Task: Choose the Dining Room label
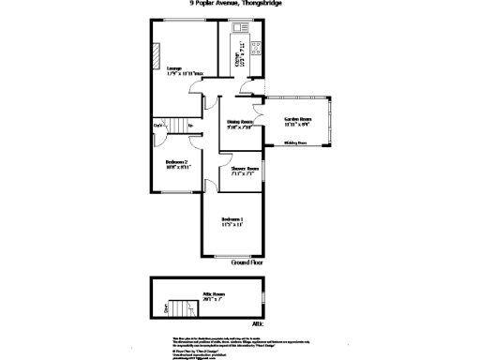coord(242,124)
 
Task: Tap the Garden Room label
coord(298,122)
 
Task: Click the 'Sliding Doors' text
coord(295,144)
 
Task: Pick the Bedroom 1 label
coord(232,223)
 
